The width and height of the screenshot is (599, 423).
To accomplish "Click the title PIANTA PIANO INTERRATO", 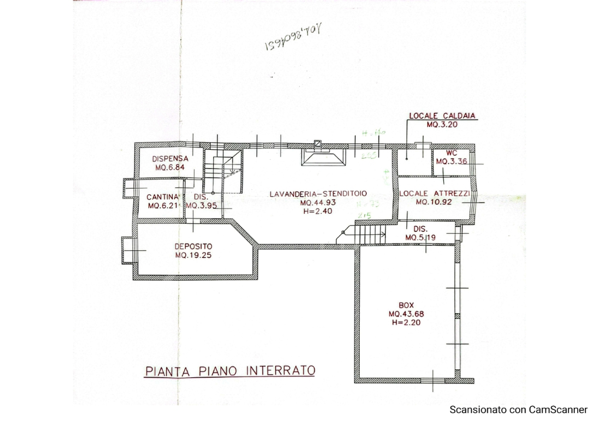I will pyautogui.click(x=230, y=371).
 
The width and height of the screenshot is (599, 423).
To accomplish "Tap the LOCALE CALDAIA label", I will pyautogui.click(x=442, y=116).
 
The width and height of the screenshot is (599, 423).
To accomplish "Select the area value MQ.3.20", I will pyautogui.click(x=442, y=125).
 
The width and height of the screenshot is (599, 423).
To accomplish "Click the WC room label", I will pyautogui.click(x=451, y=153).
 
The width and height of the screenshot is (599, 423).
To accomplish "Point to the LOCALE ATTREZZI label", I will pyautogui.click(x=434, y=194).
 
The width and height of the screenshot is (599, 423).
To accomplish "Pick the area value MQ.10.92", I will pyautogui.click(x=434, y=202).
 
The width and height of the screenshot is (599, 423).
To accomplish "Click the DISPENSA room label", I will pyautogui.click(x=170, y=159).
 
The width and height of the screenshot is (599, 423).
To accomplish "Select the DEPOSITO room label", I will pyautogui.click(x=193, y=246).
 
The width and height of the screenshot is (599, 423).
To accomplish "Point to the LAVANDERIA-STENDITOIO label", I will pyautogui.click(x=318, y=194).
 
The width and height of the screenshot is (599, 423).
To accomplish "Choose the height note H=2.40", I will pyautogui.click(x=317, y=211).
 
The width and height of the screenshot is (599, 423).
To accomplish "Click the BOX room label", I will pyautogui.click(x=406, y=305).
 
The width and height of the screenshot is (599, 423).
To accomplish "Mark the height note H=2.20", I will pyautogui.click(x=406, y=322).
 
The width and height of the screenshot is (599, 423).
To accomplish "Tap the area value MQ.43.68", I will pyautogui.click(x=406, y=314).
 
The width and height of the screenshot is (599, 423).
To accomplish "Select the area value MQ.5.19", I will pyautogui.click(x=420, y=237).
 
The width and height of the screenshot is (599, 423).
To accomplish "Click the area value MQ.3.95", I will pyautogui.click(x=202, y=206).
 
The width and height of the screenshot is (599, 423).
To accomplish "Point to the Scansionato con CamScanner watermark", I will pyautogui.click(x=518, y=409).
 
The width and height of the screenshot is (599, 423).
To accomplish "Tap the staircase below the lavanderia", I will pyautogui.click(x=369, y=236).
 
